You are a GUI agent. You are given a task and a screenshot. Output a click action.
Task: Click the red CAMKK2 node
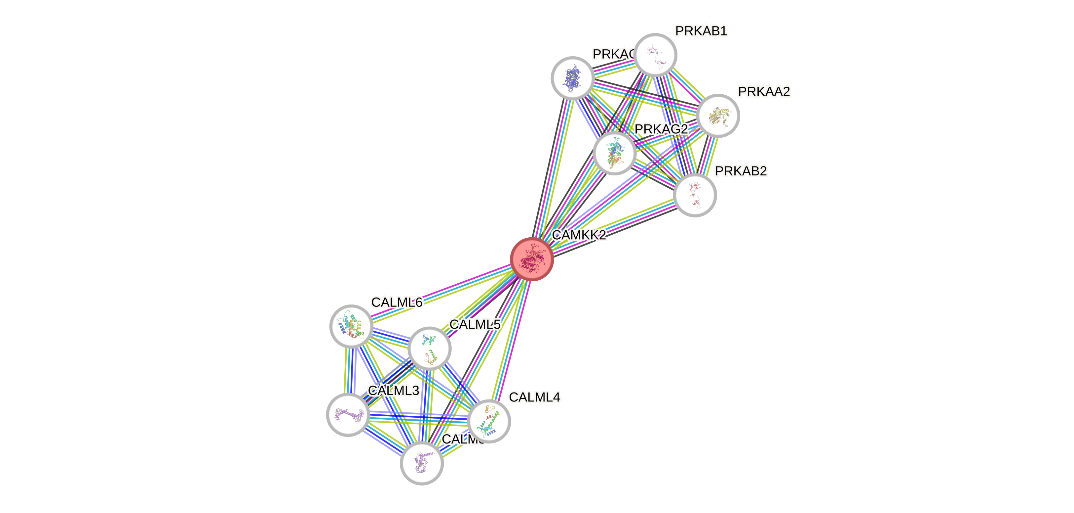pyautogui.click(x=532, y=259)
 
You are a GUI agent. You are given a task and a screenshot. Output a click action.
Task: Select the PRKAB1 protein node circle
pyautogui.click(x=655, y=55)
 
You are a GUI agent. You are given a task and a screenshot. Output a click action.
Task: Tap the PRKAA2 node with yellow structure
pyautogui.click(x=718, y=116)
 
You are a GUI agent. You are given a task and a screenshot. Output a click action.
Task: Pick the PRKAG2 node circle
pyautogui.click(x=614, y=153)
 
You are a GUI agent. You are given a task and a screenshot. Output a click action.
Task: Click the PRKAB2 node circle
pyautogui.click(x=695, y=195)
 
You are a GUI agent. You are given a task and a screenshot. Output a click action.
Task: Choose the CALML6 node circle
pyautogui.click(x=351, y=326)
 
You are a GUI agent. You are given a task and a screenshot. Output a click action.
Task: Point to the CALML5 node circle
pyautogui.click(x=429, y=348)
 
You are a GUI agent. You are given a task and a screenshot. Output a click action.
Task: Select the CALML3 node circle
pyautogui.click(x=348, y=414)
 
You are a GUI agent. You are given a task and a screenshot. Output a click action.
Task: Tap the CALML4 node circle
pyautogui.click(x=489, y=421)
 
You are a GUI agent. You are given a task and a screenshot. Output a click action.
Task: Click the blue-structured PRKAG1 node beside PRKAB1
pyautogui.click(x=572, y=78)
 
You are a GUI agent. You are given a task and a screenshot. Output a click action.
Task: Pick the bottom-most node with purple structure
pyautogui.click(x=422, y=463)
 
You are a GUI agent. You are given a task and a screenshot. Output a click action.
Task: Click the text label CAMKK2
pyautogui.click(x=579, y=235)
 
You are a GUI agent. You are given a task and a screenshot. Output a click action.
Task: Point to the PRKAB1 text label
pyautogui.click(x=701, y=31)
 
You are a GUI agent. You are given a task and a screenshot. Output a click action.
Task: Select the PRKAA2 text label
pyautogui.click(x=764, y=91)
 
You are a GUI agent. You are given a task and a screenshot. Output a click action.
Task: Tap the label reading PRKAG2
pyautogui.click(x=661, y=129)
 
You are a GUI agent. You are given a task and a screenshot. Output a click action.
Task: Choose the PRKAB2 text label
pyautogui.click(x=741, y=171)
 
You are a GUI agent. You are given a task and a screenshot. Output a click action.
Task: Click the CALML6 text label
pyautogui.click(x=397, y=302)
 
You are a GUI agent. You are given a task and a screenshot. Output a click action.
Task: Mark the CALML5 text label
pyautogui.click(x=475, y=324)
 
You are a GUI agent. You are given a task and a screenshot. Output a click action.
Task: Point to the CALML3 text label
pyautogui.click(x=393, y=390)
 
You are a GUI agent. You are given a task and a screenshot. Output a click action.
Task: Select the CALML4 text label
pyautogui.click(x=534, y=396)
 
